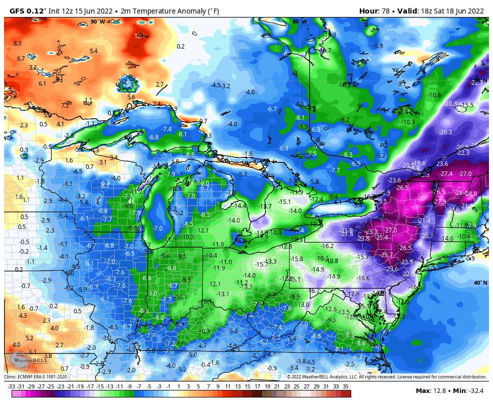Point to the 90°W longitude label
point(98,22)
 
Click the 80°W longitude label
point(300,22)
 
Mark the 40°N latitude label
point(480,283)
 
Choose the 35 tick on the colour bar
point(346,386)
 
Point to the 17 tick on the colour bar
point(257,386)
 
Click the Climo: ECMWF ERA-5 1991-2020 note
point(35,376)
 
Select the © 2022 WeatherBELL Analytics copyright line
point(386,376)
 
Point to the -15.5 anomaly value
point(466,105)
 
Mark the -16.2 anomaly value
point(327,246)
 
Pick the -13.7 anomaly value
point(265,207)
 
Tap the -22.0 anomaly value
point(408,274)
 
